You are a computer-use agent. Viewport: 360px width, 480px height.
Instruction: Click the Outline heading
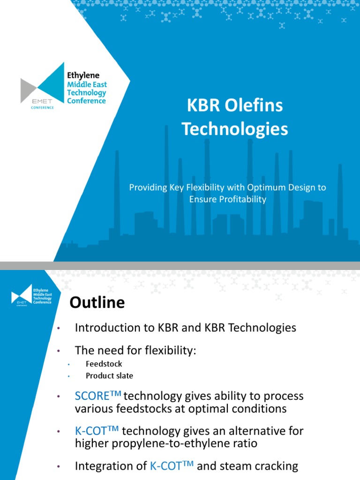click(x=97, y=303)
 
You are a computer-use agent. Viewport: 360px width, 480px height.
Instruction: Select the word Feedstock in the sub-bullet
click(x=104, y=364)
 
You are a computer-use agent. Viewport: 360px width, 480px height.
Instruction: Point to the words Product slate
click(x=109, y=375)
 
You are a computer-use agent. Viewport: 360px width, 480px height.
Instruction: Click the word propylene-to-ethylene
click(x=165, y=443)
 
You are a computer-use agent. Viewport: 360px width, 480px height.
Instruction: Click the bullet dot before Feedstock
click(x=68, y=364)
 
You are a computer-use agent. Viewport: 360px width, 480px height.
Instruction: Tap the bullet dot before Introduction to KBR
click(x=58, y=329)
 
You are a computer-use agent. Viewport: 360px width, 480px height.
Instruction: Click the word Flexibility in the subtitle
click(x=203, y=187)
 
